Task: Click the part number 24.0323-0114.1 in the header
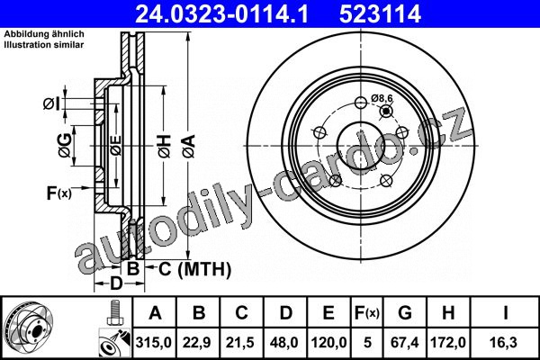pos(221,14)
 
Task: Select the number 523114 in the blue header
pos(380,14)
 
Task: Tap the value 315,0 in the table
pos(154,343)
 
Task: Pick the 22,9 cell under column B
pos(197,343)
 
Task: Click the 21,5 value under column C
pos(240,343)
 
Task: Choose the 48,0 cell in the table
pos(284,343)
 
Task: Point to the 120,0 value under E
pos(328,343)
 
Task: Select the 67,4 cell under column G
pos(405,343)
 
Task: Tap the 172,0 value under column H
pos(448,343)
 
